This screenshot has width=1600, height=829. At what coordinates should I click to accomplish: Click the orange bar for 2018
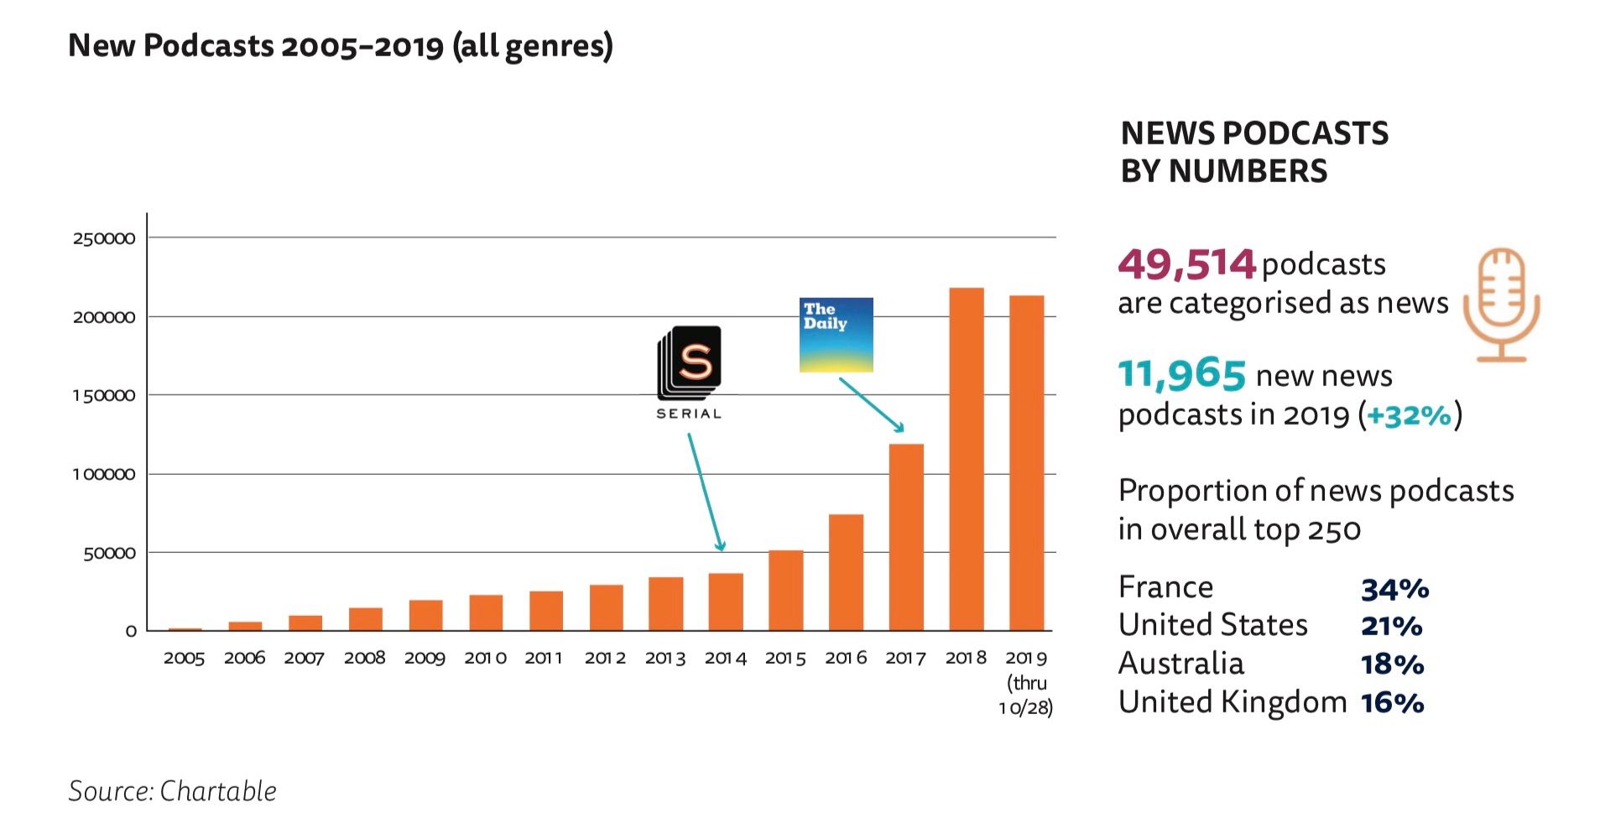[x=966, y=459]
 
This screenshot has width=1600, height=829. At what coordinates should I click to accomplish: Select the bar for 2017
[x=905, y=537]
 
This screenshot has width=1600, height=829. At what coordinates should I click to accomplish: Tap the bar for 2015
[x=785, y=590]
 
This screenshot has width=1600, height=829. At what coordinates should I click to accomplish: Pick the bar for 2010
[x=486, y=613]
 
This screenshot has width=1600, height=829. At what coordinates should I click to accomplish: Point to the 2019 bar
[x=1026, y=462]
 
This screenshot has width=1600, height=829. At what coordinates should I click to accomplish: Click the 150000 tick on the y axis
[x=104, y=395]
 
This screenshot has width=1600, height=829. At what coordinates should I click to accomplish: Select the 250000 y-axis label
[x=104, y=238]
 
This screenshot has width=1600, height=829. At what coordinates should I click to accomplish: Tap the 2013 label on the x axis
[x=665, y=658]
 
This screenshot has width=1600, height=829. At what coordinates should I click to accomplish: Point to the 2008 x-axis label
[x=364, y=658]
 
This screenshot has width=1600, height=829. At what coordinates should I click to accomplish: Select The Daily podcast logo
[x=836, y=335]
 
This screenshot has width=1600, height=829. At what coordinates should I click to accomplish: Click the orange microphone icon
[x=1501, y=304]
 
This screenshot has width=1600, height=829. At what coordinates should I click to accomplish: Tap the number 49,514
[x=1186, y=264]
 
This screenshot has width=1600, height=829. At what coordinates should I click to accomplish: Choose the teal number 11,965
[x=1181, y=374]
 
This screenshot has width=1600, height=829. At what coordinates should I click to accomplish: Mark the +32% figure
[x=1409, y=414]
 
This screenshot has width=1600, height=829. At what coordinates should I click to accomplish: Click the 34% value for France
[x=1394, y=589]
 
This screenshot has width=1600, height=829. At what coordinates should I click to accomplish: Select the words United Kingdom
[x=1232, y=701]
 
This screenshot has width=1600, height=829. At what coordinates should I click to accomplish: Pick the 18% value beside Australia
[x=1392, y=665]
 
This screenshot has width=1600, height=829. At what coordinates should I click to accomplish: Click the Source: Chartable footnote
[x=172, y=790]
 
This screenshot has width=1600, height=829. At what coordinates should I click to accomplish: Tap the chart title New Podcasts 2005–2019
[x=340, y=46]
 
